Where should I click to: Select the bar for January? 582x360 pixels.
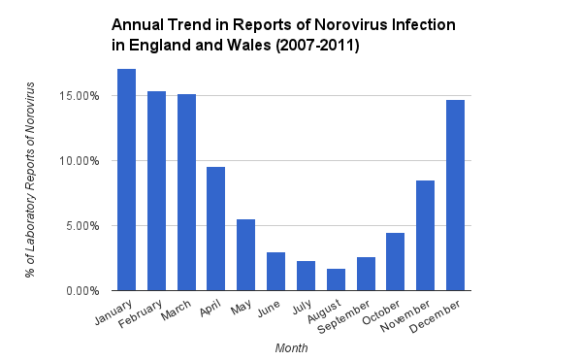(x=126, y=180)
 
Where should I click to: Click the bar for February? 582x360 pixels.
(x=156, y=190)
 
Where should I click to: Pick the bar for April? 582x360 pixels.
(x=216, y=228)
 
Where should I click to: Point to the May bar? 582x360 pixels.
(x=246, y=254)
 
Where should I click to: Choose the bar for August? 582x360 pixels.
(x=336, y=279)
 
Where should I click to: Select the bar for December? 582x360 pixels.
(x=455, y=195)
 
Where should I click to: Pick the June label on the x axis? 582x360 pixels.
(x=268, y=307)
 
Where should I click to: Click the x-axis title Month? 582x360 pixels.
(x=291, y=346)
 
